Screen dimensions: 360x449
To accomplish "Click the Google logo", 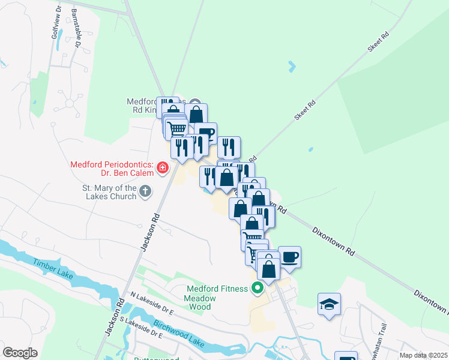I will [20, 353].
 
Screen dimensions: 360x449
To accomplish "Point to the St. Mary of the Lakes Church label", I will [110, 193].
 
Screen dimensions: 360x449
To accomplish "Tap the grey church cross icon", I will [145, 192].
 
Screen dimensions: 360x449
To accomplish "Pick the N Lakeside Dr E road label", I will [152, 304].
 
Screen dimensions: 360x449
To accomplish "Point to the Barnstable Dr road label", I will [76, 27].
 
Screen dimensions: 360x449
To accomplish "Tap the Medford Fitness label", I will [217, 289].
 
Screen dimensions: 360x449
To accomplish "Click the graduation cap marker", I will [330, 304].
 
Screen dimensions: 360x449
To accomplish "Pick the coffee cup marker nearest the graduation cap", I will [289, 257].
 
